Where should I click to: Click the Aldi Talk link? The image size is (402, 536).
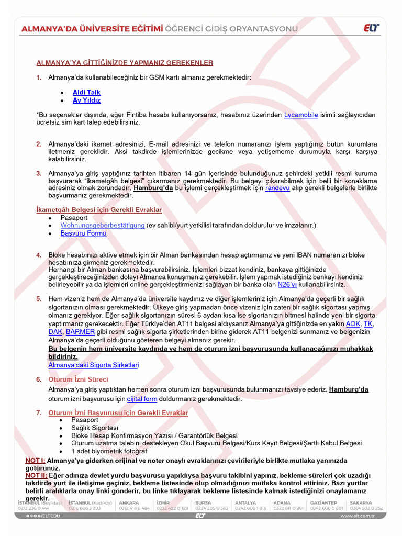click(86, 92)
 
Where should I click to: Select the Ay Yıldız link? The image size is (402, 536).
click(86, 100)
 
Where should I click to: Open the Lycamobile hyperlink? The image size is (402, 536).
click(301, 115)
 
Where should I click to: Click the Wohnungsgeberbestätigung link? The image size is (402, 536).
click(103, 225)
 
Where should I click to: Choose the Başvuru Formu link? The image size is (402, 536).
click(83, 233)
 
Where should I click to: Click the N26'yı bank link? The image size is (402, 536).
click(287, 285)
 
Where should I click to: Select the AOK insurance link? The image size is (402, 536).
click(353, 324)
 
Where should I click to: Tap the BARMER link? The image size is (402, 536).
click(80, 332)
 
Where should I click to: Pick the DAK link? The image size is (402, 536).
click(55, 332)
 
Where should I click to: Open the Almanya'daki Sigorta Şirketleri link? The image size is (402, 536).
click(94, 365)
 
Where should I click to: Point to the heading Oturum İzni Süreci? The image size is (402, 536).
click(78, 379)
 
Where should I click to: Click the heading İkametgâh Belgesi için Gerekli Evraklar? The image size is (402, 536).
click(98, 210)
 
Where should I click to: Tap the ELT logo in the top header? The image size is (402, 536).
click(372, 28)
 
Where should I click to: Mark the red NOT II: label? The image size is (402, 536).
click(36, 476)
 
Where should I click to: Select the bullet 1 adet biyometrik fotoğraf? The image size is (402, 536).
click(109, 451)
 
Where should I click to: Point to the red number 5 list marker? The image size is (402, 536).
click(39, 299)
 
